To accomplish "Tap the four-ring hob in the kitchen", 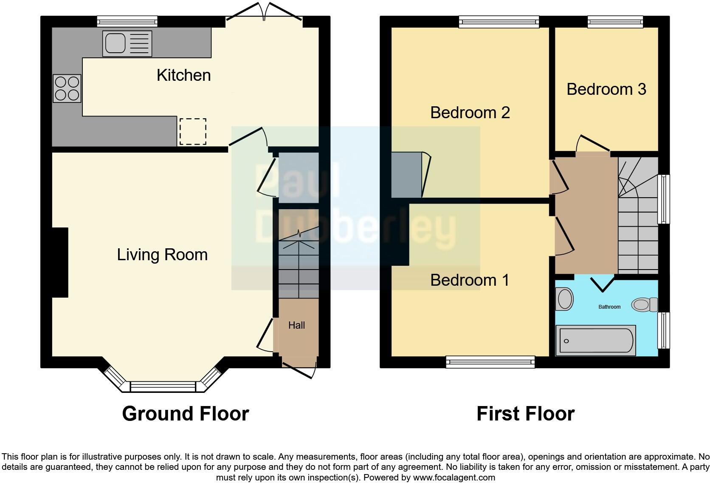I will point(67,88).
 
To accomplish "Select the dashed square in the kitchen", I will point(193,131).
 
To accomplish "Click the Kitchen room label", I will point(183,75).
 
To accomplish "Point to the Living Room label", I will point(162,255).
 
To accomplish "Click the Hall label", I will point(296,325).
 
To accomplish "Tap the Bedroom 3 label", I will point(606,89).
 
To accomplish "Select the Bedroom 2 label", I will point(470,113).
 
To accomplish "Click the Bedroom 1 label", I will point(469,280).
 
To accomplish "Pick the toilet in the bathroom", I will point(644,304).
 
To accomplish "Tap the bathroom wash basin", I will point(565,299).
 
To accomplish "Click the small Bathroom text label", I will point(609,307).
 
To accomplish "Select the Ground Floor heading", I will point(185,414).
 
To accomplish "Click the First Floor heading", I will point(525,414).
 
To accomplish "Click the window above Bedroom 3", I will point(615,22).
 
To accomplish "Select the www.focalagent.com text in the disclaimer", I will point(454,477).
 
